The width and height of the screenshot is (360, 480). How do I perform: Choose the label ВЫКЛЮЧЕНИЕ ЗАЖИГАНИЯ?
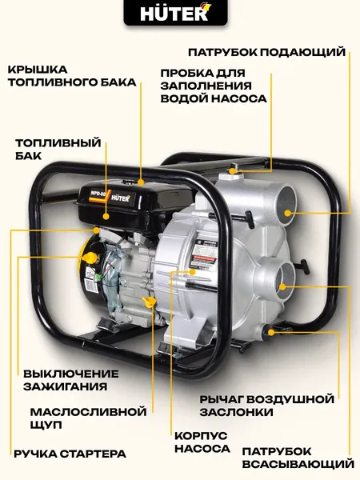[70, 379]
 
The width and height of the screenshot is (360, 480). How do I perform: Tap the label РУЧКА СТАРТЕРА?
[70, 454]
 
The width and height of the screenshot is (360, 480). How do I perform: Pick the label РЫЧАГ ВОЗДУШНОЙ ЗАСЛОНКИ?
[266, 405]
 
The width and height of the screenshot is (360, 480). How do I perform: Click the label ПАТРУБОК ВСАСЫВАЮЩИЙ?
[298, 457]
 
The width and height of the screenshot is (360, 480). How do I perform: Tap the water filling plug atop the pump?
[233, 169]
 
